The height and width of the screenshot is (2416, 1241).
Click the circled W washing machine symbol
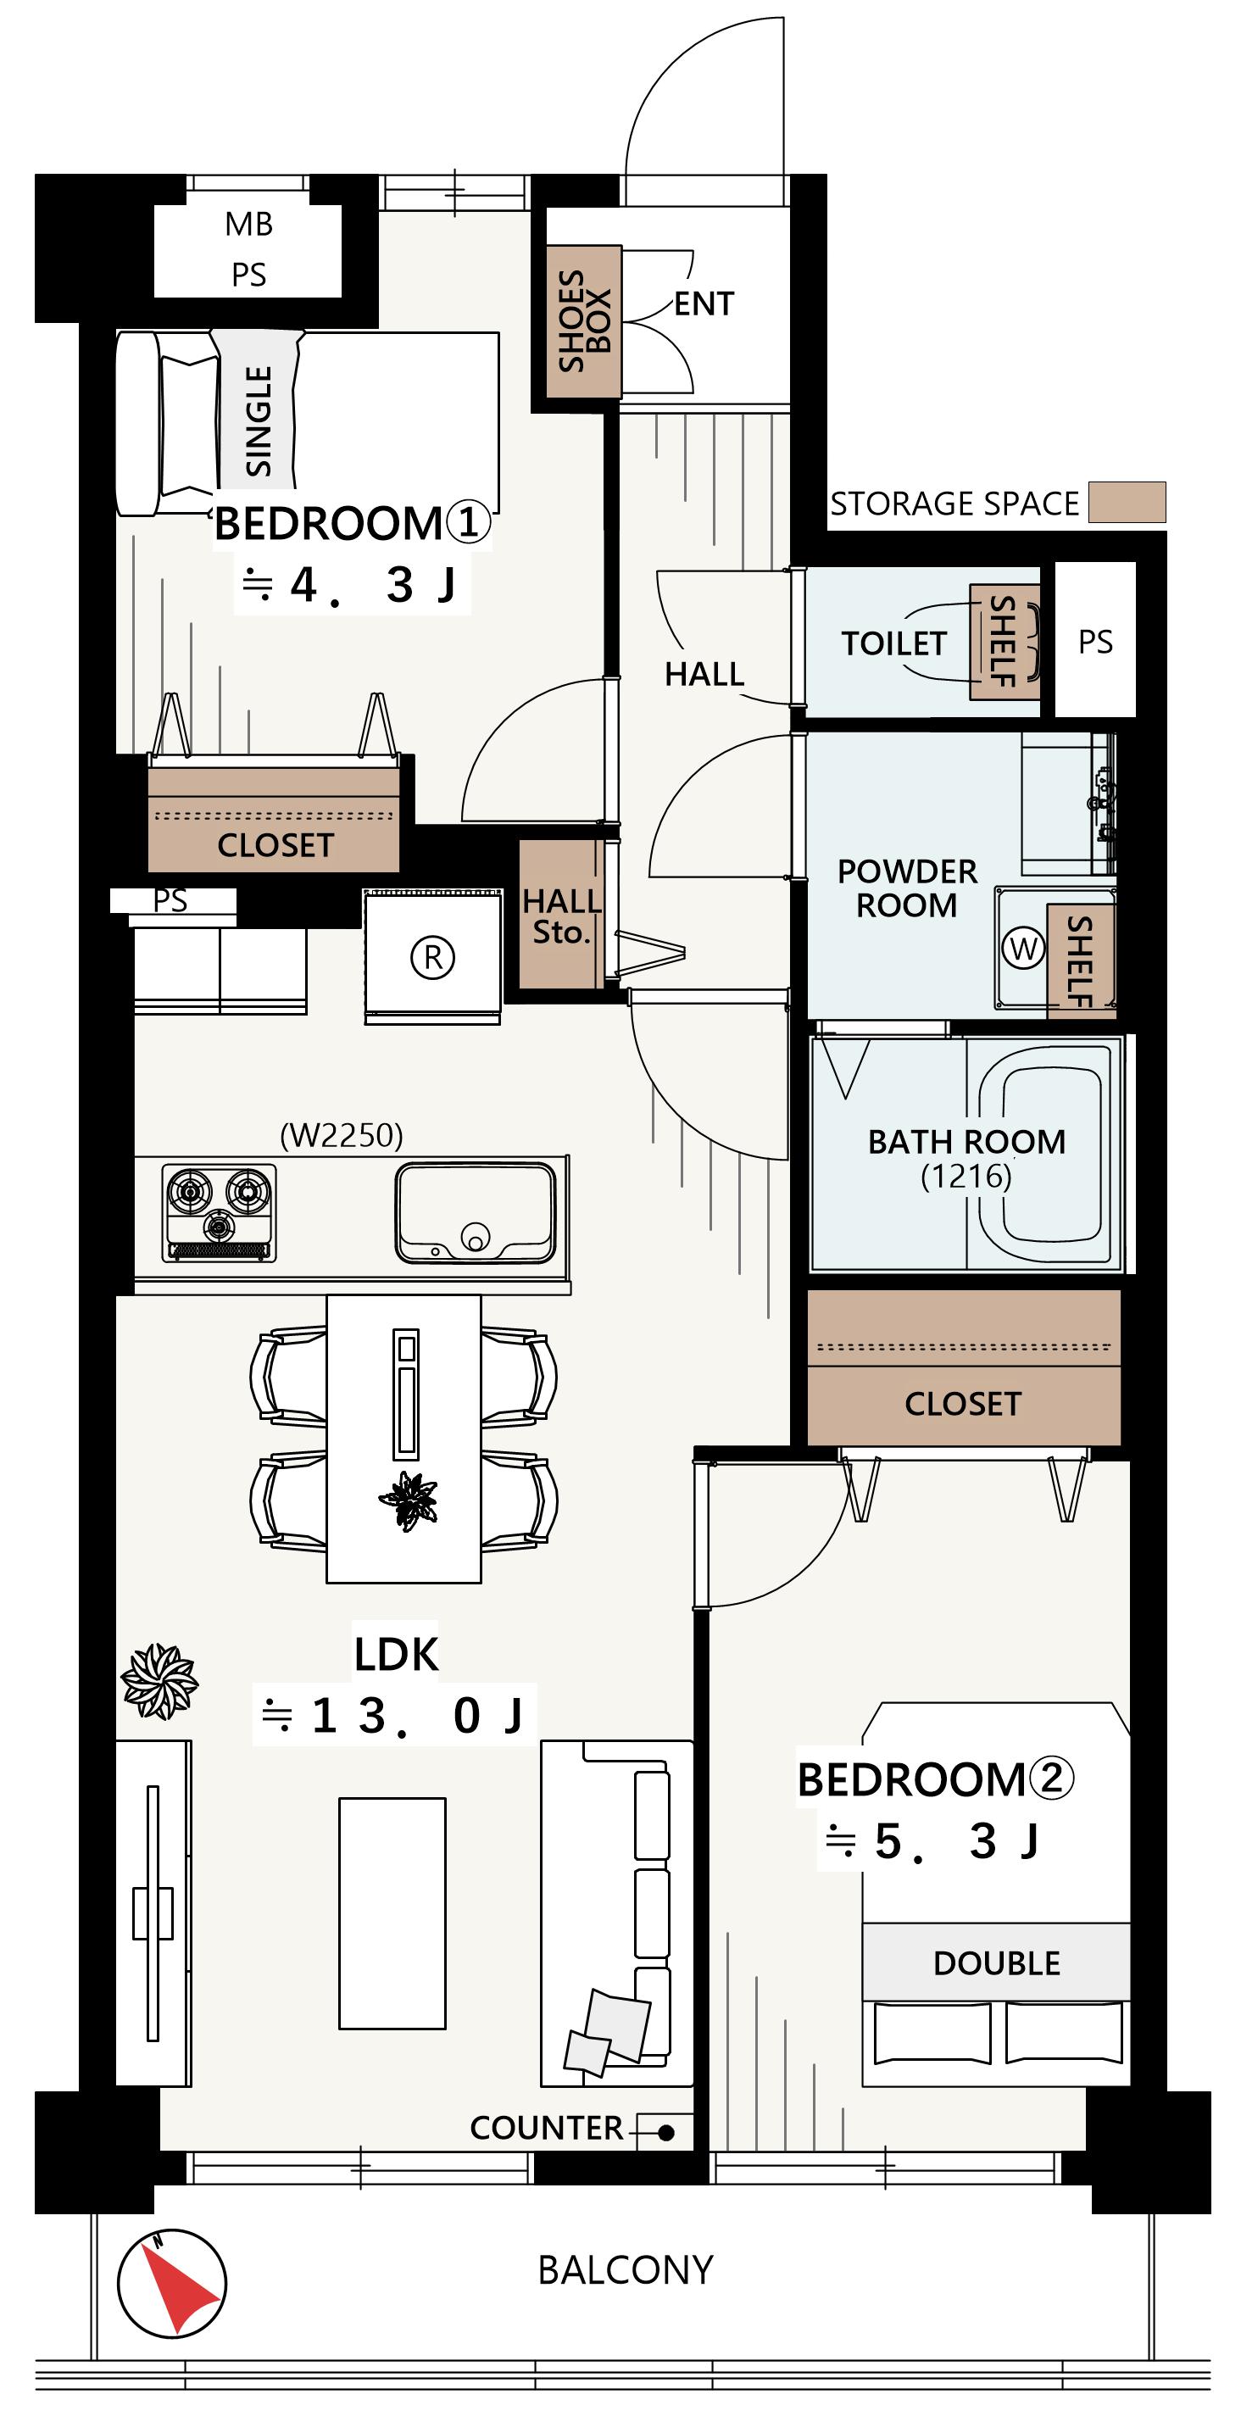1023,949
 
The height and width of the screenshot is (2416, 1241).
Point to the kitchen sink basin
476,1214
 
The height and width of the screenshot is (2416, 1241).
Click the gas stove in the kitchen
220,1211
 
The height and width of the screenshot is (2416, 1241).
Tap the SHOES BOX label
583,320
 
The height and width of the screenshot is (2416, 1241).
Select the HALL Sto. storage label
561,916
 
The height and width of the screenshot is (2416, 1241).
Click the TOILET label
894,643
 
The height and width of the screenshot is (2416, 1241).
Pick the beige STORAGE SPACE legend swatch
1127,502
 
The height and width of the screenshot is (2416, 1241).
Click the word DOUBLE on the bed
996,1963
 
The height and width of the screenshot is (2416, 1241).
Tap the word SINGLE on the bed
258,421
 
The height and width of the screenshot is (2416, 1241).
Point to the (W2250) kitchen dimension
342,1135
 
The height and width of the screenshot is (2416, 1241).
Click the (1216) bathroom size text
966,1175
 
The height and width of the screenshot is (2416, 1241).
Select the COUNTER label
547,2128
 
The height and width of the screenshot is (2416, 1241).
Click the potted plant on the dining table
409,1500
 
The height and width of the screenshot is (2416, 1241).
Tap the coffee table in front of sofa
392,1913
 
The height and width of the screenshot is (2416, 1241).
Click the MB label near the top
248,224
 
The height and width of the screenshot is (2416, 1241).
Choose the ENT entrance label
704,303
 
